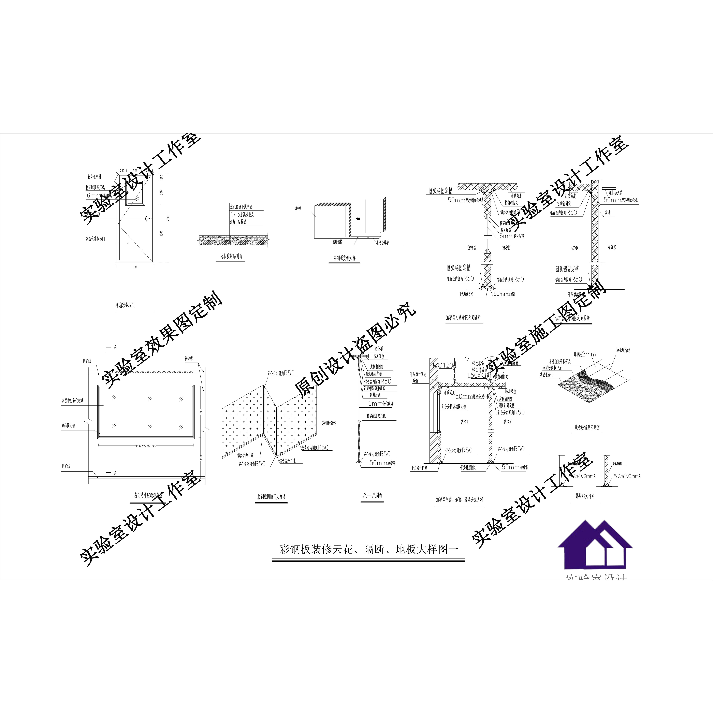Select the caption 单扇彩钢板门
125,305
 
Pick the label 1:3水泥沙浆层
242,214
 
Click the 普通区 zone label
612,248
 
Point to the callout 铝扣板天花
616,193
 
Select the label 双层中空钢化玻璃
73,400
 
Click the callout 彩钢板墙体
329,423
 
